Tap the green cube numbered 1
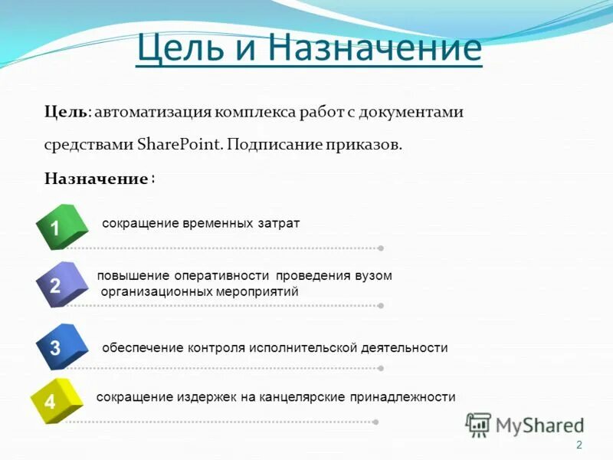59,227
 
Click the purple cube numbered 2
59,285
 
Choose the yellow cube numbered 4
54,400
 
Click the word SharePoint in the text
181,145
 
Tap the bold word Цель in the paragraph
65,112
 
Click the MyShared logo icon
478,424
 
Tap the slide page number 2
579,445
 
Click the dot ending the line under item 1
381,248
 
